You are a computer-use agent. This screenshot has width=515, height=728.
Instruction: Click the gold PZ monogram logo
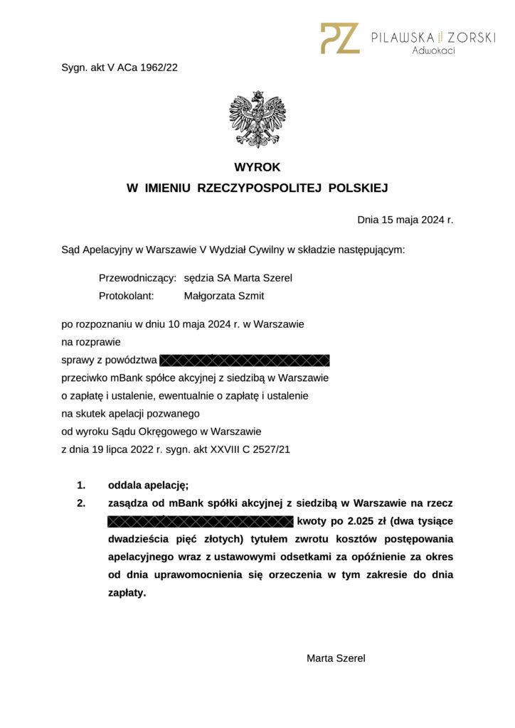[340, 38]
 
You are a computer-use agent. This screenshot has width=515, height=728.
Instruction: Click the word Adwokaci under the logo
[433, 50]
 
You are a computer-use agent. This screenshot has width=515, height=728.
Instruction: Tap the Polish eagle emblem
[257, 119]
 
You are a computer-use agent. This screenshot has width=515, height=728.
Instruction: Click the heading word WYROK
[257, 168]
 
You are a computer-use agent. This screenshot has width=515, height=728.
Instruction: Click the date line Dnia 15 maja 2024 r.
[405, 220]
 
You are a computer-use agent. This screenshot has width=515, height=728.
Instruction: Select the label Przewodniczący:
[137, 278]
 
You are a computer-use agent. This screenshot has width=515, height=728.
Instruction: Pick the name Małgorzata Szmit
[223, 296]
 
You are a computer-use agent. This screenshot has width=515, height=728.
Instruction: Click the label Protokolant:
[126, 296]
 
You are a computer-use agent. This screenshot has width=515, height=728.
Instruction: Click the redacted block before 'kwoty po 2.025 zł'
[200, 522]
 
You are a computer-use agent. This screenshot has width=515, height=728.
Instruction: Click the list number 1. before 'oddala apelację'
[81, 486]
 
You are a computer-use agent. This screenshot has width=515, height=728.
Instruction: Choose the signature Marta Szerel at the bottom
[336, 658]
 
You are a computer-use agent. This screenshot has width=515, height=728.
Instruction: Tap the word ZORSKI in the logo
[471, 37]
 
